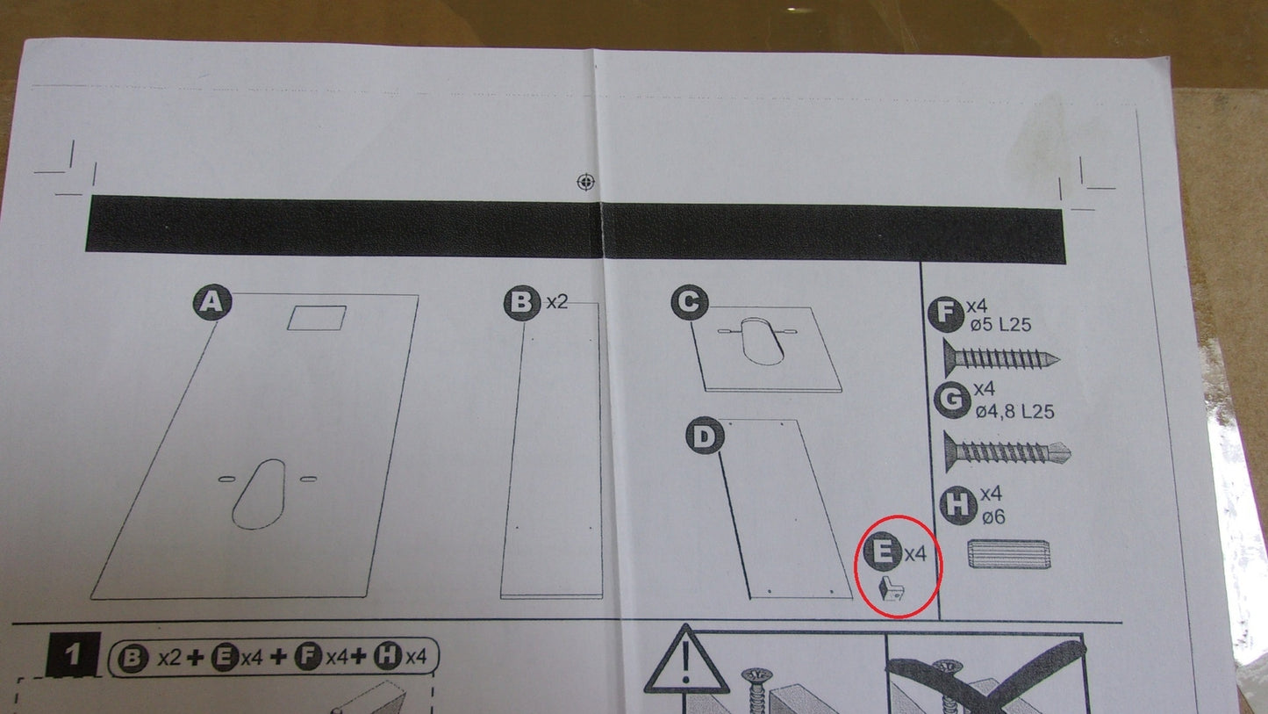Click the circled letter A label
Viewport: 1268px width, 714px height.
212,302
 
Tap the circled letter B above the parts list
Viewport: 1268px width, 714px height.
522,303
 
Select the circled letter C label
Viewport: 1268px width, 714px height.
690,303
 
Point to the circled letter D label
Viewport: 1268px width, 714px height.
705,436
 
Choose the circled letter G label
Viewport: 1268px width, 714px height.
952,400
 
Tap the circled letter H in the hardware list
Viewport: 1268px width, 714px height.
958,505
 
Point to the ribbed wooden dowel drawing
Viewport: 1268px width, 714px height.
1008,553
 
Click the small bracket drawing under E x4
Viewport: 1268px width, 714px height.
891,588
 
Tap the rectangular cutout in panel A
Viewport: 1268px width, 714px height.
317,318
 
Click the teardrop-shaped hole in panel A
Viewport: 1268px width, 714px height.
259,494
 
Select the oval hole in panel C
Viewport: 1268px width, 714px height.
763,341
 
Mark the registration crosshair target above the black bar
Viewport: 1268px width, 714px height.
586,182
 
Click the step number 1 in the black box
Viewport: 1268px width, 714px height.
73,656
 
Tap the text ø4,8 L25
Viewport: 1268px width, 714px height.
1014,411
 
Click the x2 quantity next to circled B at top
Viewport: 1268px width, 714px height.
557,302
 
